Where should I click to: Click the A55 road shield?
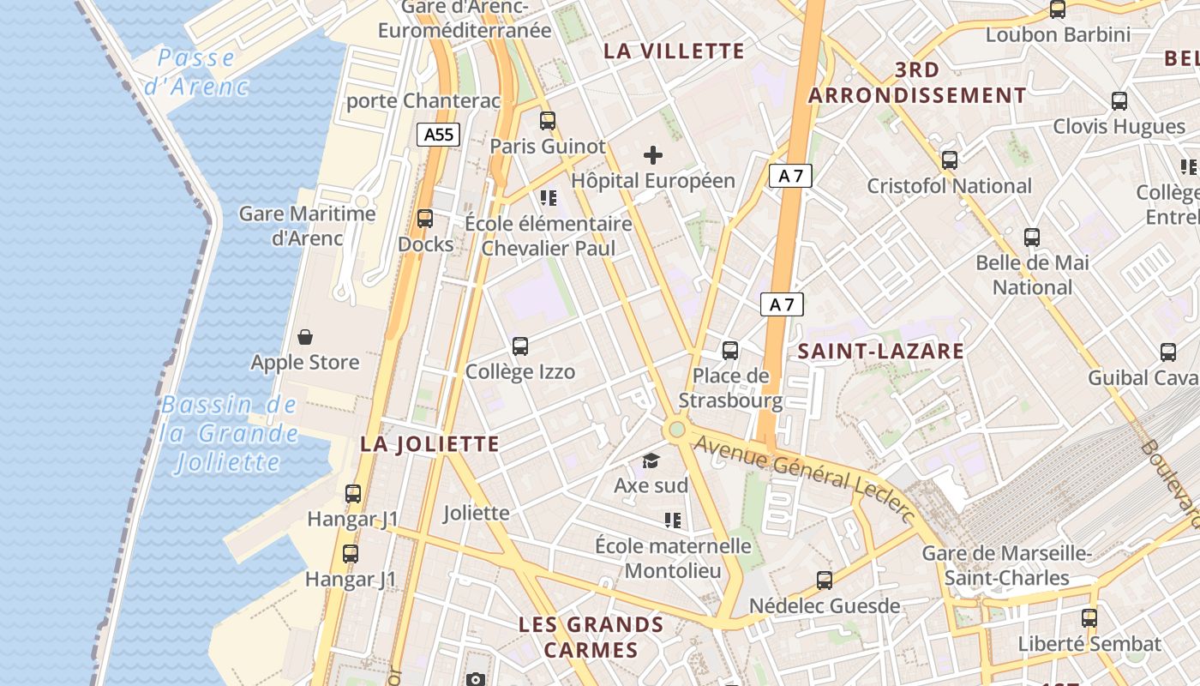pos(439,134)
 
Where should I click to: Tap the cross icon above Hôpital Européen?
pos(653,155)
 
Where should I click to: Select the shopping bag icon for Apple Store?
pos(304,337)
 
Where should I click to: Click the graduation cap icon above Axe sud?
pos(651,461)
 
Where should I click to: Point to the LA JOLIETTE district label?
pos(429,444)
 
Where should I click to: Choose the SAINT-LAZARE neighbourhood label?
pos(880,351)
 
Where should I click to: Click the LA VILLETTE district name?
pos(674,51)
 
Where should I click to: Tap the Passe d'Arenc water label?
pos(196,72)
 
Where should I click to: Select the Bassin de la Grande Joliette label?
pos(229,434)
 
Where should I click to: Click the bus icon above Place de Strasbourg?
pos(730,350)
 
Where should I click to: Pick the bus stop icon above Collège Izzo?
pos(520,346)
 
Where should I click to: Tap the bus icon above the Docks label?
pos(425,219)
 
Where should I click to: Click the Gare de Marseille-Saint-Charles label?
pos(1006,565)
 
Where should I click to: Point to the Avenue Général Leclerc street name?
pos(804,477)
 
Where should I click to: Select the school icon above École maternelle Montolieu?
pos(673,521)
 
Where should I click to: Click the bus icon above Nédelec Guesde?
pos(825,581)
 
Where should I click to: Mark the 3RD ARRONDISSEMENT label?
pos(916,82)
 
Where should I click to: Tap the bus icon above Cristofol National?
pos(949,160)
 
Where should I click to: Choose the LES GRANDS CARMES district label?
pos(591,636)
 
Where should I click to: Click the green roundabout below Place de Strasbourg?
pos(677,428)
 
